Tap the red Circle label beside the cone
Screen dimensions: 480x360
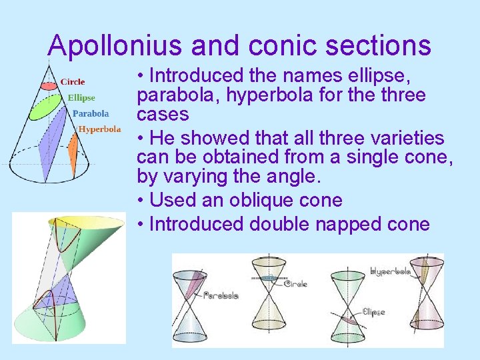click(x=73, y=82)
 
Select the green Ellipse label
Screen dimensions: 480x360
click(x=81, y=98)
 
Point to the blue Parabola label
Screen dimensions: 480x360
click(x=91, y=113)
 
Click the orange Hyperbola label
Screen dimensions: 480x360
click(x=100, y=129)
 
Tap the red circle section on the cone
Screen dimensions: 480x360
click(x=49, y=86)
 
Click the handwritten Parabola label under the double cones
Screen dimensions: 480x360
click(x=221, y=295)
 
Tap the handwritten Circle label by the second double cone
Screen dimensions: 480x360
click(x=296, y=284)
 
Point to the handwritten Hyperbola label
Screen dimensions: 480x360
click(x=390, y=272)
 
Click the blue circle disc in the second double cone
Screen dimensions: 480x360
click(x=269, y=278)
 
